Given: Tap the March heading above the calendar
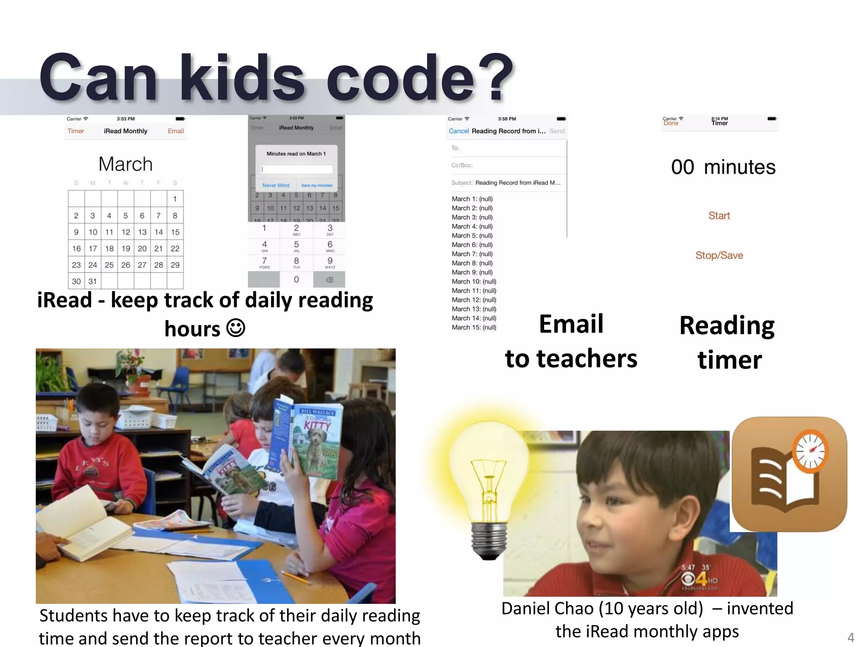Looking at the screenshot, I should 126,164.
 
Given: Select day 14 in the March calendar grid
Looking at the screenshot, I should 158,232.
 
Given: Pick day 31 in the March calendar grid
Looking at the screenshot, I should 93,281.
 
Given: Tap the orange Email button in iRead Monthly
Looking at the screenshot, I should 176,131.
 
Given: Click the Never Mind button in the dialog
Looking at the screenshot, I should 276,185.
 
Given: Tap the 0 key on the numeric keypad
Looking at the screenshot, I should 296,279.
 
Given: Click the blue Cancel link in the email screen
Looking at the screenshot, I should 458,131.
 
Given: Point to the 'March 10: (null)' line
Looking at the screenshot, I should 474,281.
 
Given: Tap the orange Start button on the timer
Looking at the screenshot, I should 719,216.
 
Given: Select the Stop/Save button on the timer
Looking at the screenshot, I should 719,255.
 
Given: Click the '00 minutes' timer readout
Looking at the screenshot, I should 723,167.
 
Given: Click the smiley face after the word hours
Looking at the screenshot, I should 236,328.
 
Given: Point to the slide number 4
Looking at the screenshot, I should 850,637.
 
